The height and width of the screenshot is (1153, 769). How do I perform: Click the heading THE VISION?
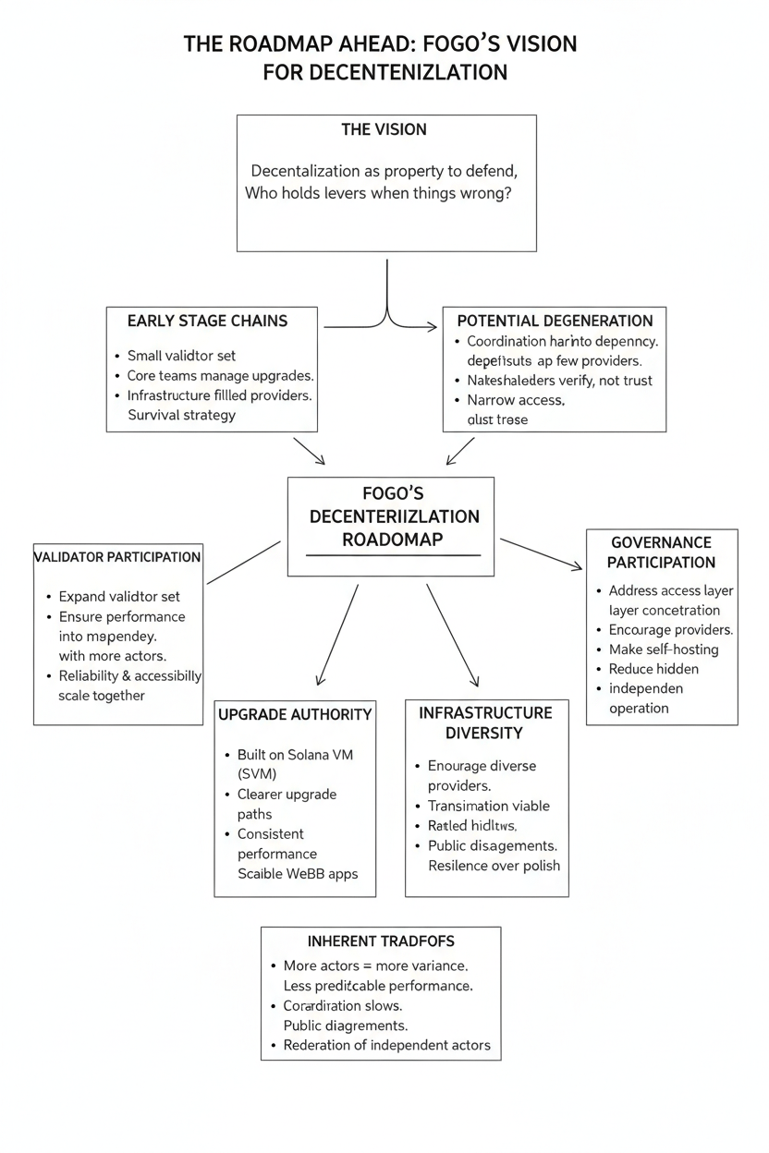[x=384, y=129]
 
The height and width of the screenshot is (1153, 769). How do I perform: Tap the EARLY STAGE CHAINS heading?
[x=207, y=321]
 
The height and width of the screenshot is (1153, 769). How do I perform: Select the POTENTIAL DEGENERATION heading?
[x=555, y=321]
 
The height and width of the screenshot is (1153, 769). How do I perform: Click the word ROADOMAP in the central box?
[x=392, y=540]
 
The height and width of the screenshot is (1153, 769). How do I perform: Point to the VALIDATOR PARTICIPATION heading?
[x=117, y=557]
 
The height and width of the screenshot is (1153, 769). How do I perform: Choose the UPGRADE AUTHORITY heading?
[x=295, y=714]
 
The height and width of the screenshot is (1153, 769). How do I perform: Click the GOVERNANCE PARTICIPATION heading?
[x=663, y=552]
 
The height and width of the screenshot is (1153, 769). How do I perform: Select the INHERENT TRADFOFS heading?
[x=381, y=941]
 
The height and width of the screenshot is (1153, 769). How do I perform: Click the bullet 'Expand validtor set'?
[x=119, y=596]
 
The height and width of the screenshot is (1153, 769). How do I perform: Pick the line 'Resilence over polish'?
[x=494, y=866]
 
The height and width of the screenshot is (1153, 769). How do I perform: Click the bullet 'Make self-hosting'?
[x=663, y=649]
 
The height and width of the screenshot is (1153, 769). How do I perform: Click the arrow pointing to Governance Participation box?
[x=542, y=554]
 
